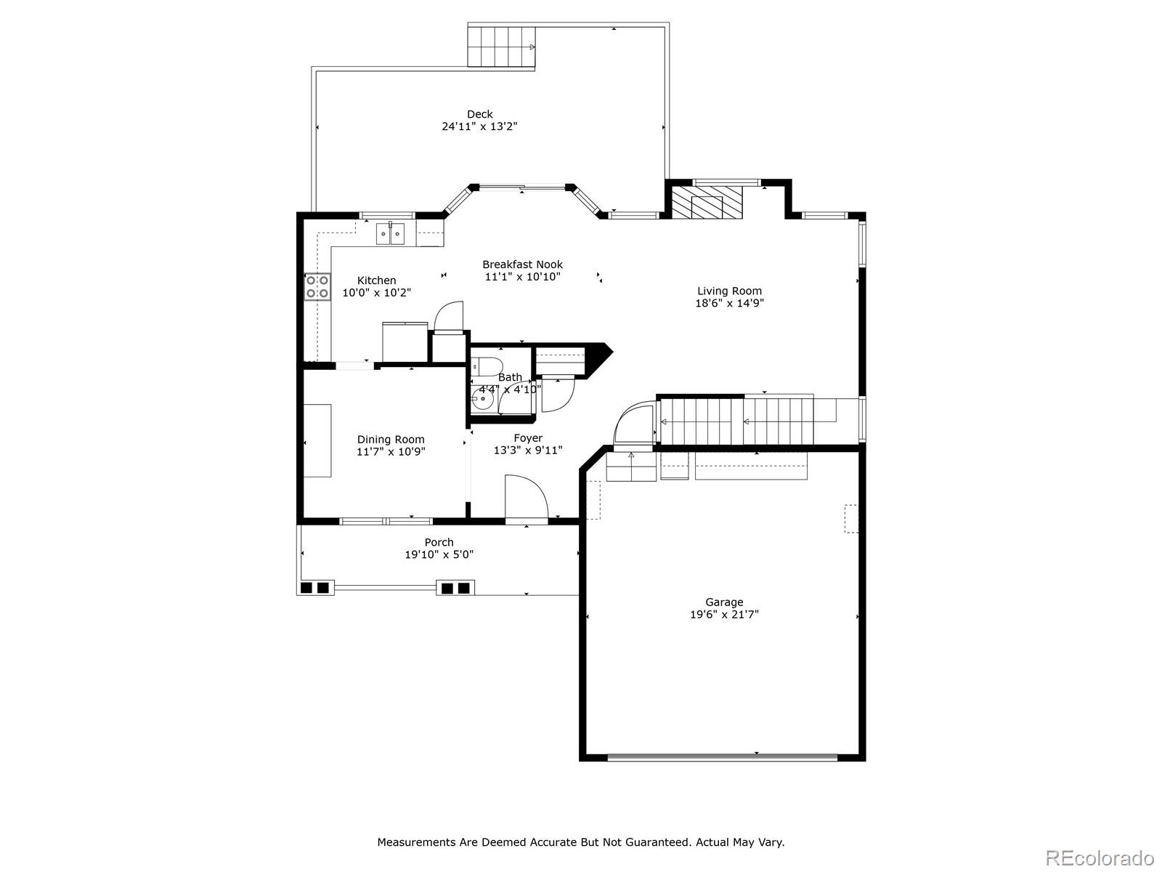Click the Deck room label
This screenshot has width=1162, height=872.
click(479, 114)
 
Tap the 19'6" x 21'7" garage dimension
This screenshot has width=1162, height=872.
click(724, 614)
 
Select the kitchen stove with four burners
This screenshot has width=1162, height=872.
click(317, 286)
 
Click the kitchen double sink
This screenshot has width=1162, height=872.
click(390, 234)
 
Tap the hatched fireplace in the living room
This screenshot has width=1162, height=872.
click(707, 202)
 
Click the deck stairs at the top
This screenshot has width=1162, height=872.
click(502, 47)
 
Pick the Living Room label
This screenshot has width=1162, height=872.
click(729, 291)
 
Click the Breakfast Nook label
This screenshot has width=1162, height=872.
click(522, 265)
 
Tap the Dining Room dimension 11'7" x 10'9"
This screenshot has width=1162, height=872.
click(391, 451)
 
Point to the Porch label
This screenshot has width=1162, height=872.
click(439, 542)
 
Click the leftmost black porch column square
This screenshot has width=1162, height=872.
click(306, 587)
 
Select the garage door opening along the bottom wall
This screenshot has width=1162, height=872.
click(722, 757)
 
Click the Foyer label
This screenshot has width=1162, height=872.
click(528, 438)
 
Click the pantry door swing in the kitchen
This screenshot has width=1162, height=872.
click(447, 317)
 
